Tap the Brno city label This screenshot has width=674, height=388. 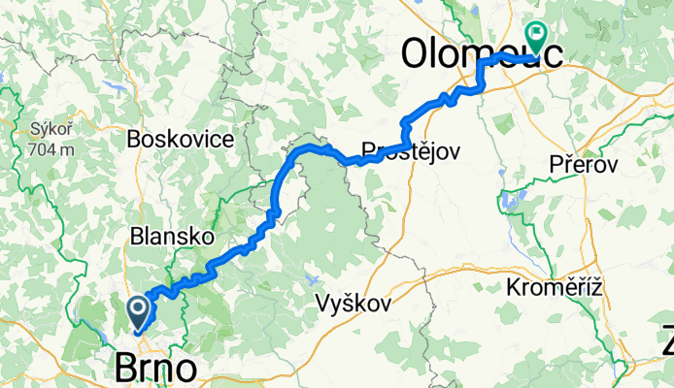[x=155, y=369]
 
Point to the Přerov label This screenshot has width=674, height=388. [x=584, y=165]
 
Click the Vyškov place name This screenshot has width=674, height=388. [x=354, y=304]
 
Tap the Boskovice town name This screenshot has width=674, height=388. [x=181, y=139]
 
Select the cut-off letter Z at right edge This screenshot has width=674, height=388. [x=667, y=341]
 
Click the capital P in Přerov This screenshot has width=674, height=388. [x=556, y=165]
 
